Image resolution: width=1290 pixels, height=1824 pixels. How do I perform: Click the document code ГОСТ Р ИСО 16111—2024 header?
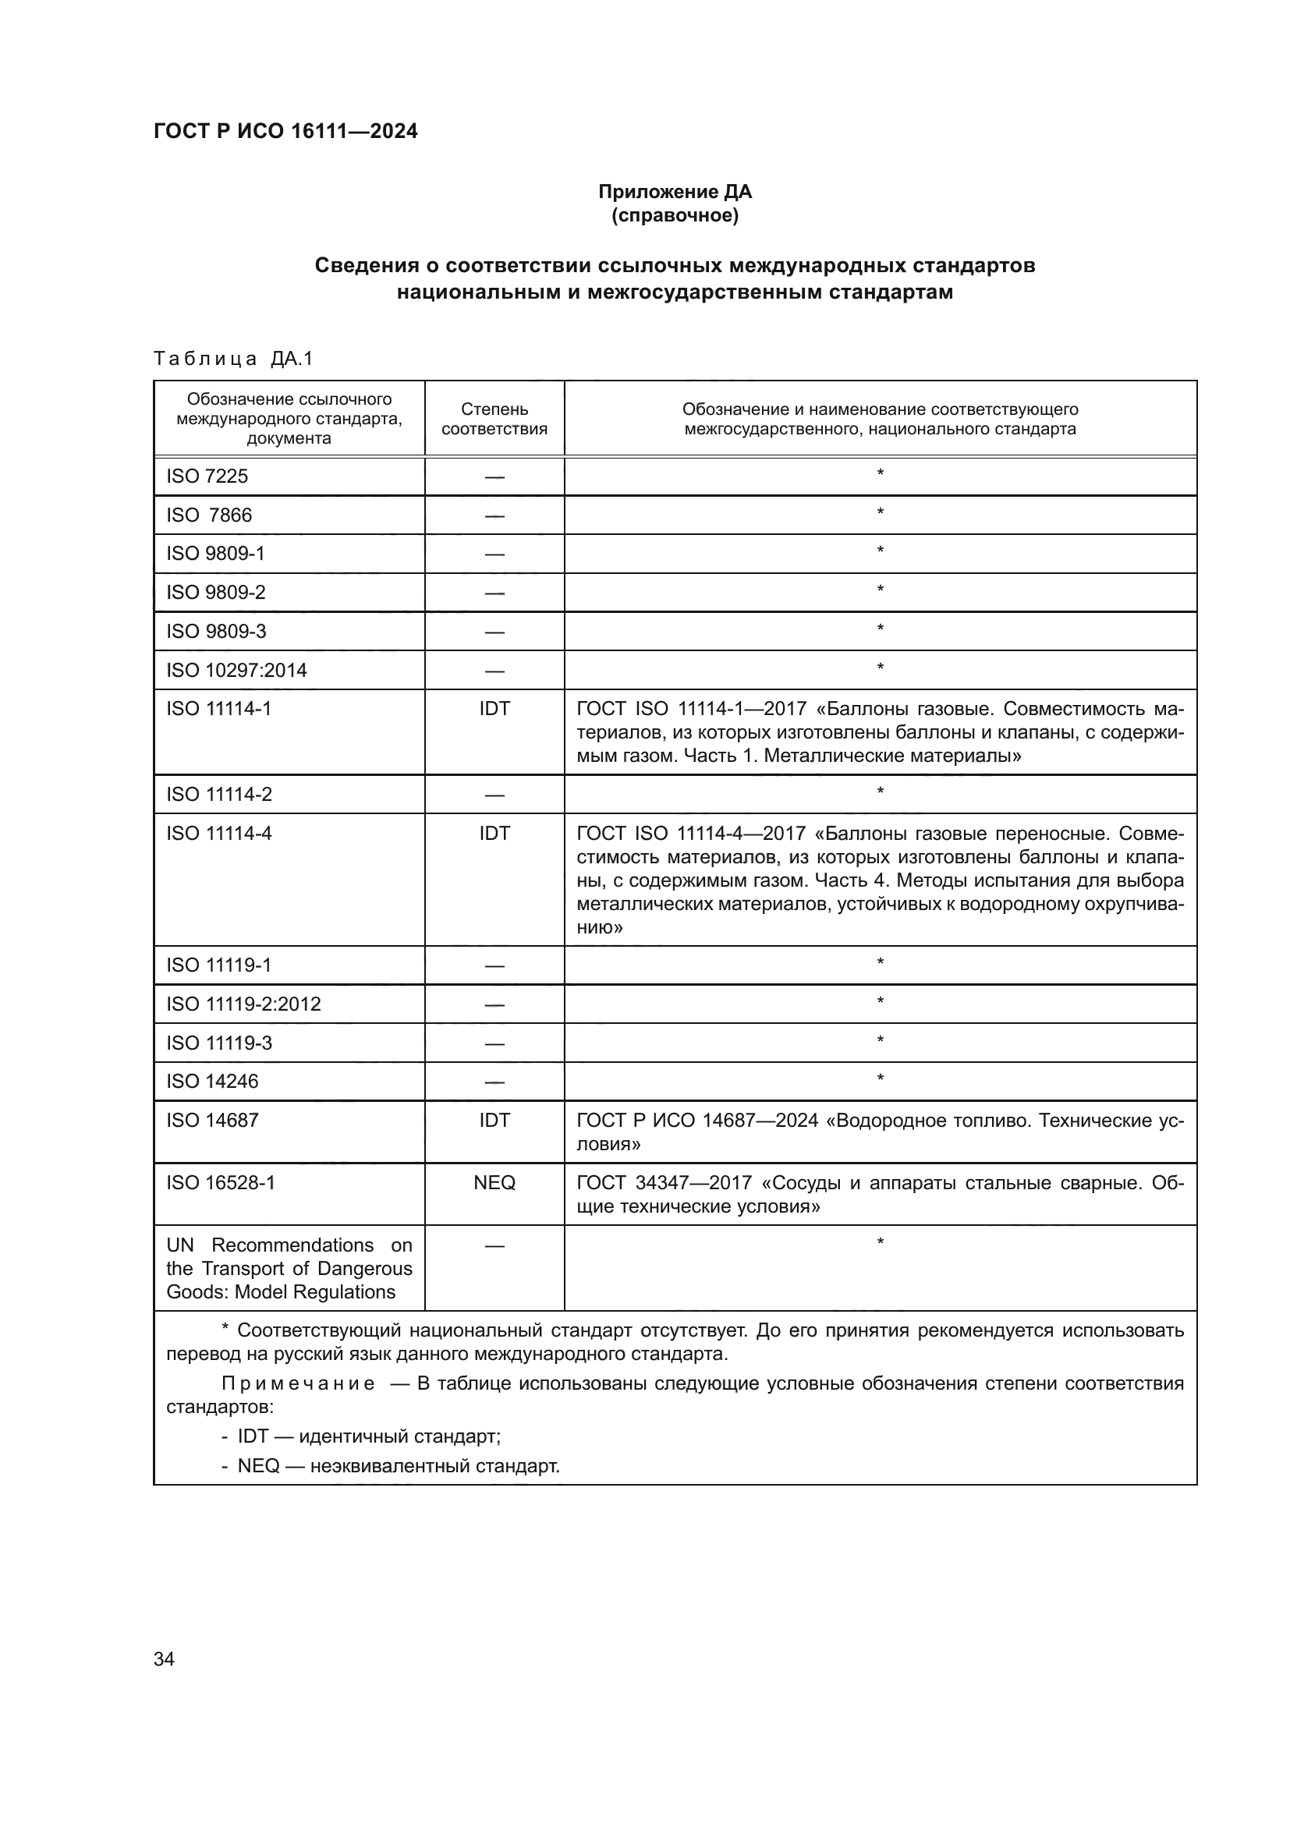(285, 131)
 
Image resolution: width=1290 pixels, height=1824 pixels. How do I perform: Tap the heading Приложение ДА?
(675, 192)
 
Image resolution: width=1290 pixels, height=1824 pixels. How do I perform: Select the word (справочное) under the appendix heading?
(675, 215)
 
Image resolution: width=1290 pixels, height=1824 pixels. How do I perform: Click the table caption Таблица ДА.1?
(232, 359)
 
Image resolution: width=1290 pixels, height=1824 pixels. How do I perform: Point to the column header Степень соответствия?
(494, 419)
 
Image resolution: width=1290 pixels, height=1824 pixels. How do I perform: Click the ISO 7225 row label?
(207, 476)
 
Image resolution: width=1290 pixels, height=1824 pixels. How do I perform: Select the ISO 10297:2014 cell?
(237, 670)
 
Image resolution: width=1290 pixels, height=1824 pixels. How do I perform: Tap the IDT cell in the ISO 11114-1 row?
(494, 709)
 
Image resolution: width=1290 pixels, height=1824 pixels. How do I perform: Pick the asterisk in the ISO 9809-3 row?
(879, 629)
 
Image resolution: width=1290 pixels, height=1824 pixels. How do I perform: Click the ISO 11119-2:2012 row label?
(243, 1004)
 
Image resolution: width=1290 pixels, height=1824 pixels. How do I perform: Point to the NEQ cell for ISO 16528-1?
(494, 1182)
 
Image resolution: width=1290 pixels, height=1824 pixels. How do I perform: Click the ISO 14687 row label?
(212, 1119)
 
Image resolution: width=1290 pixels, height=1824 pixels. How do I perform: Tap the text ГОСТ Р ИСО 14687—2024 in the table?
(696, 1120)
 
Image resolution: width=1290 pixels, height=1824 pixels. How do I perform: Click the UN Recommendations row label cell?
(289, 1268)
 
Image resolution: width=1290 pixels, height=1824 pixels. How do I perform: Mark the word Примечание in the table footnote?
(298, 1383)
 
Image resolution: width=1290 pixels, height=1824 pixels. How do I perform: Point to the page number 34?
(164, 1659)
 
